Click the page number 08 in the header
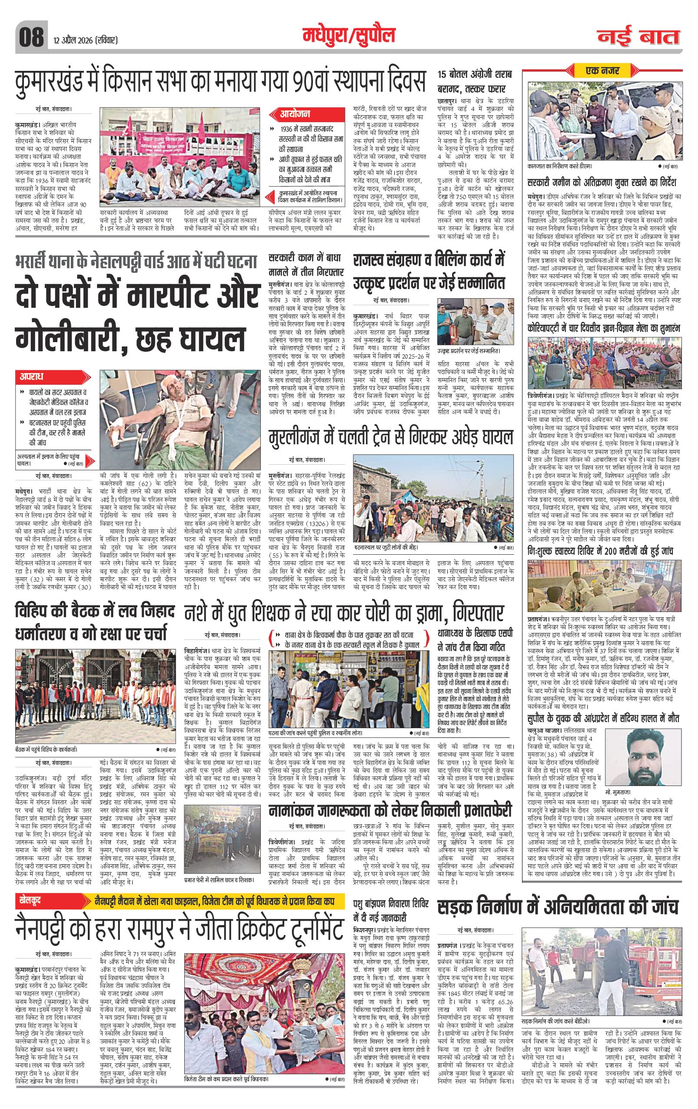31,37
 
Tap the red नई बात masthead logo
638,37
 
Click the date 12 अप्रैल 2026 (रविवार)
85,41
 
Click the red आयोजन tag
295,114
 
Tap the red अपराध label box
32,376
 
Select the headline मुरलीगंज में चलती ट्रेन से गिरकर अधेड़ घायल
391,436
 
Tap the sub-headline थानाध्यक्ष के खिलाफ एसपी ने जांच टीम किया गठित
474,639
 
